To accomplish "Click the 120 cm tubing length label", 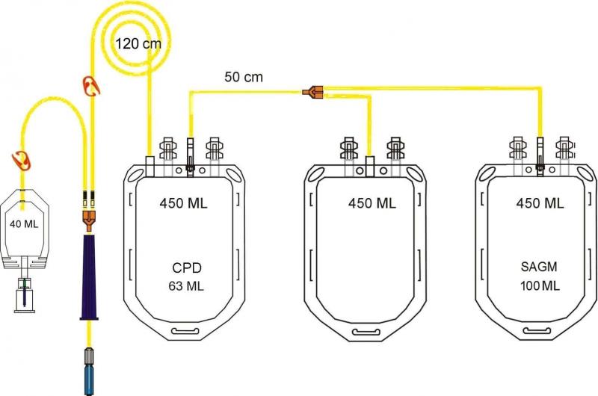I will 138,43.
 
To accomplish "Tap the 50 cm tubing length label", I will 244,76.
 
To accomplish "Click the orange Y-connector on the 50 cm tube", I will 312,92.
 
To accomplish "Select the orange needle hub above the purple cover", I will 88,218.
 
